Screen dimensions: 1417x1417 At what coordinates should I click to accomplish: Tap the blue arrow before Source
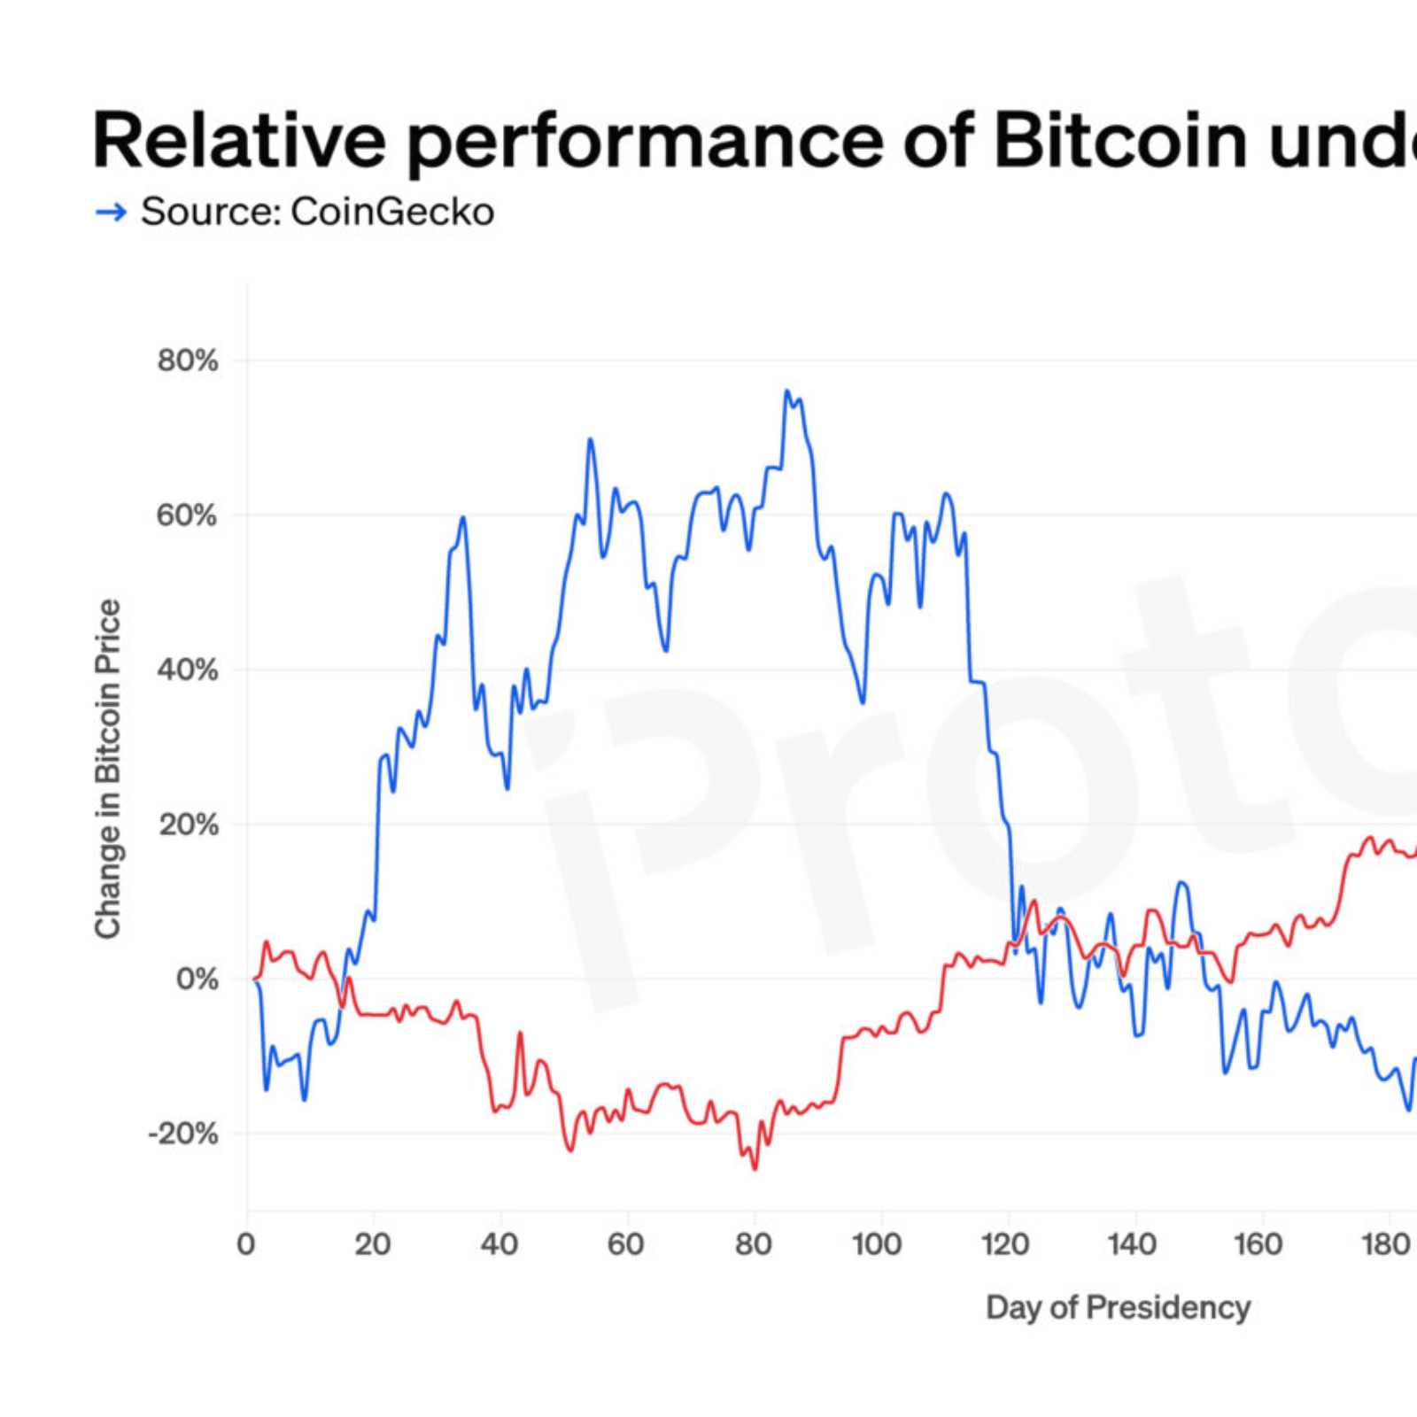click(x=111, y=212)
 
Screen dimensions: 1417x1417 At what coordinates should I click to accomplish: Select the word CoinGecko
click(x=392, y=212)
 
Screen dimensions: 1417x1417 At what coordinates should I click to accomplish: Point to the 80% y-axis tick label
click(x=188, y=360)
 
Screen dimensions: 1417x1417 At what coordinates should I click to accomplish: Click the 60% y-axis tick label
click(x=188, y=515)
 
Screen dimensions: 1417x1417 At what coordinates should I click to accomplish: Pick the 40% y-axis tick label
click(x=188, y=670)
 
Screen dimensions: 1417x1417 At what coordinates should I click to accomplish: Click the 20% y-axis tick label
click(x=188, y=825)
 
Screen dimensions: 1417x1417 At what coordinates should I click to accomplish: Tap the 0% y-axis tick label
click(x=197, y=979)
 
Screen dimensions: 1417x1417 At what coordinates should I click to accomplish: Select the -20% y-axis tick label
click(x=182, y=1134)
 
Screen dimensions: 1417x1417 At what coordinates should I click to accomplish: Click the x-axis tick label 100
click(x=877, y=1244)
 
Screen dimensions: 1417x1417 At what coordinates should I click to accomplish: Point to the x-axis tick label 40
click(x=499, y=1244)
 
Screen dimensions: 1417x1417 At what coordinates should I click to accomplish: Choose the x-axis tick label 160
click(x=1258, y=1244)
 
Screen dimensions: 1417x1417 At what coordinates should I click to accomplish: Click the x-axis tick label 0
click(x=246, y=1244)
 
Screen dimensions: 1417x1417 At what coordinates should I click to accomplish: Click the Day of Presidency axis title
click(x=1118, y=1307)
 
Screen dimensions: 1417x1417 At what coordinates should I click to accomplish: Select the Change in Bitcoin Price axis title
click(x=107, y=769)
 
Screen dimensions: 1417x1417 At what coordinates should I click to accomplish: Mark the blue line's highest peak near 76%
click(x=786, y=391)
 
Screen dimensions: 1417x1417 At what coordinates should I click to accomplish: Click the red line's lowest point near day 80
click(x=755, y=1169)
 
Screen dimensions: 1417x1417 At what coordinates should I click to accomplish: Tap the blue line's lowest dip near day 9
click(x=305, y=1100)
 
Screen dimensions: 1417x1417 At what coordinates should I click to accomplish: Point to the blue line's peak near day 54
click(x=590, y=439)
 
